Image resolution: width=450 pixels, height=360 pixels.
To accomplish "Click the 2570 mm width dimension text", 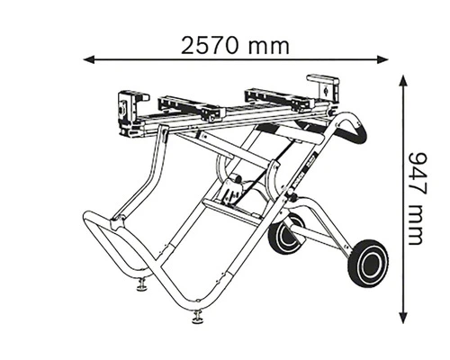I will point(237,44).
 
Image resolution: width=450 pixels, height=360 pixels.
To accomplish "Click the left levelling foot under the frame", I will point(142,287).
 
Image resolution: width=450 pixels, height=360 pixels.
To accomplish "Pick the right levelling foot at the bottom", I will point(197,317).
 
